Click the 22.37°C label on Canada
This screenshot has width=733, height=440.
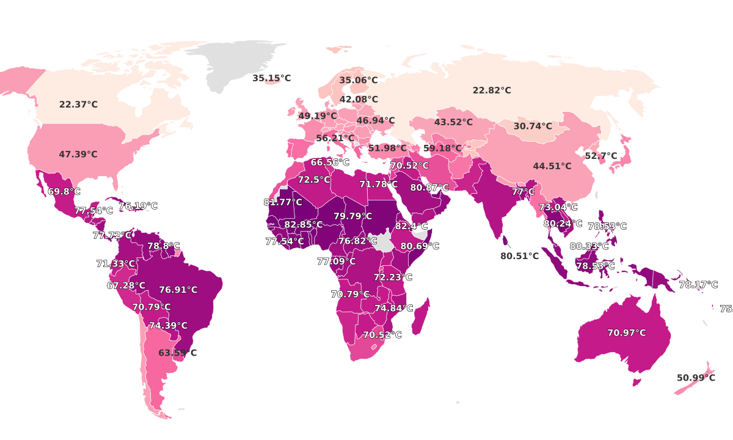click(78, 105)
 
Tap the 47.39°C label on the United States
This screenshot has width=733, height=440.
click(78, 155)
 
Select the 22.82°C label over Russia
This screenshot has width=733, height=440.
click(492, 90)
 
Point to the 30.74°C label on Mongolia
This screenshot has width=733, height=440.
click(533, 127)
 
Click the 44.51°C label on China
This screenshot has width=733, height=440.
click(552, 166)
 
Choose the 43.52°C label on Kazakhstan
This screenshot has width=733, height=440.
click(453, 122)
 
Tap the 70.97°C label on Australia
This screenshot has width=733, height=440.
click(626, 333)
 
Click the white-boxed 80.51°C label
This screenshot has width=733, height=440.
click(519, 256)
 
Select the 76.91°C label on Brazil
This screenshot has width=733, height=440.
click(178, 290)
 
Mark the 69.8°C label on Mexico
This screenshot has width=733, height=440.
click(64, 192)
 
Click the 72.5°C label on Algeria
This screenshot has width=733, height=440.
click(314, 180)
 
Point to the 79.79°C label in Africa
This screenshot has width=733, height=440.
click(352, 216)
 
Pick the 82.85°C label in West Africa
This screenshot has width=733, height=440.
click(304, 225)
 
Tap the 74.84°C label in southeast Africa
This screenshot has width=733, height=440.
click(394, 308)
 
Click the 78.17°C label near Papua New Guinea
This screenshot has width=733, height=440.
click(699, 285)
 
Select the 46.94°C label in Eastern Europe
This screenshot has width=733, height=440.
click(376, 120)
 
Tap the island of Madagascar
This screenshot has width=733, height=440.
click(420, 316)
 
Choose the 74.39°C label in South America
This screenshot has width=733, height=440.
click(169, 326)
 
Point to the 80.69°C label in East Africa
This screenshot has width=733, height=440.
click(420, 246)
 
